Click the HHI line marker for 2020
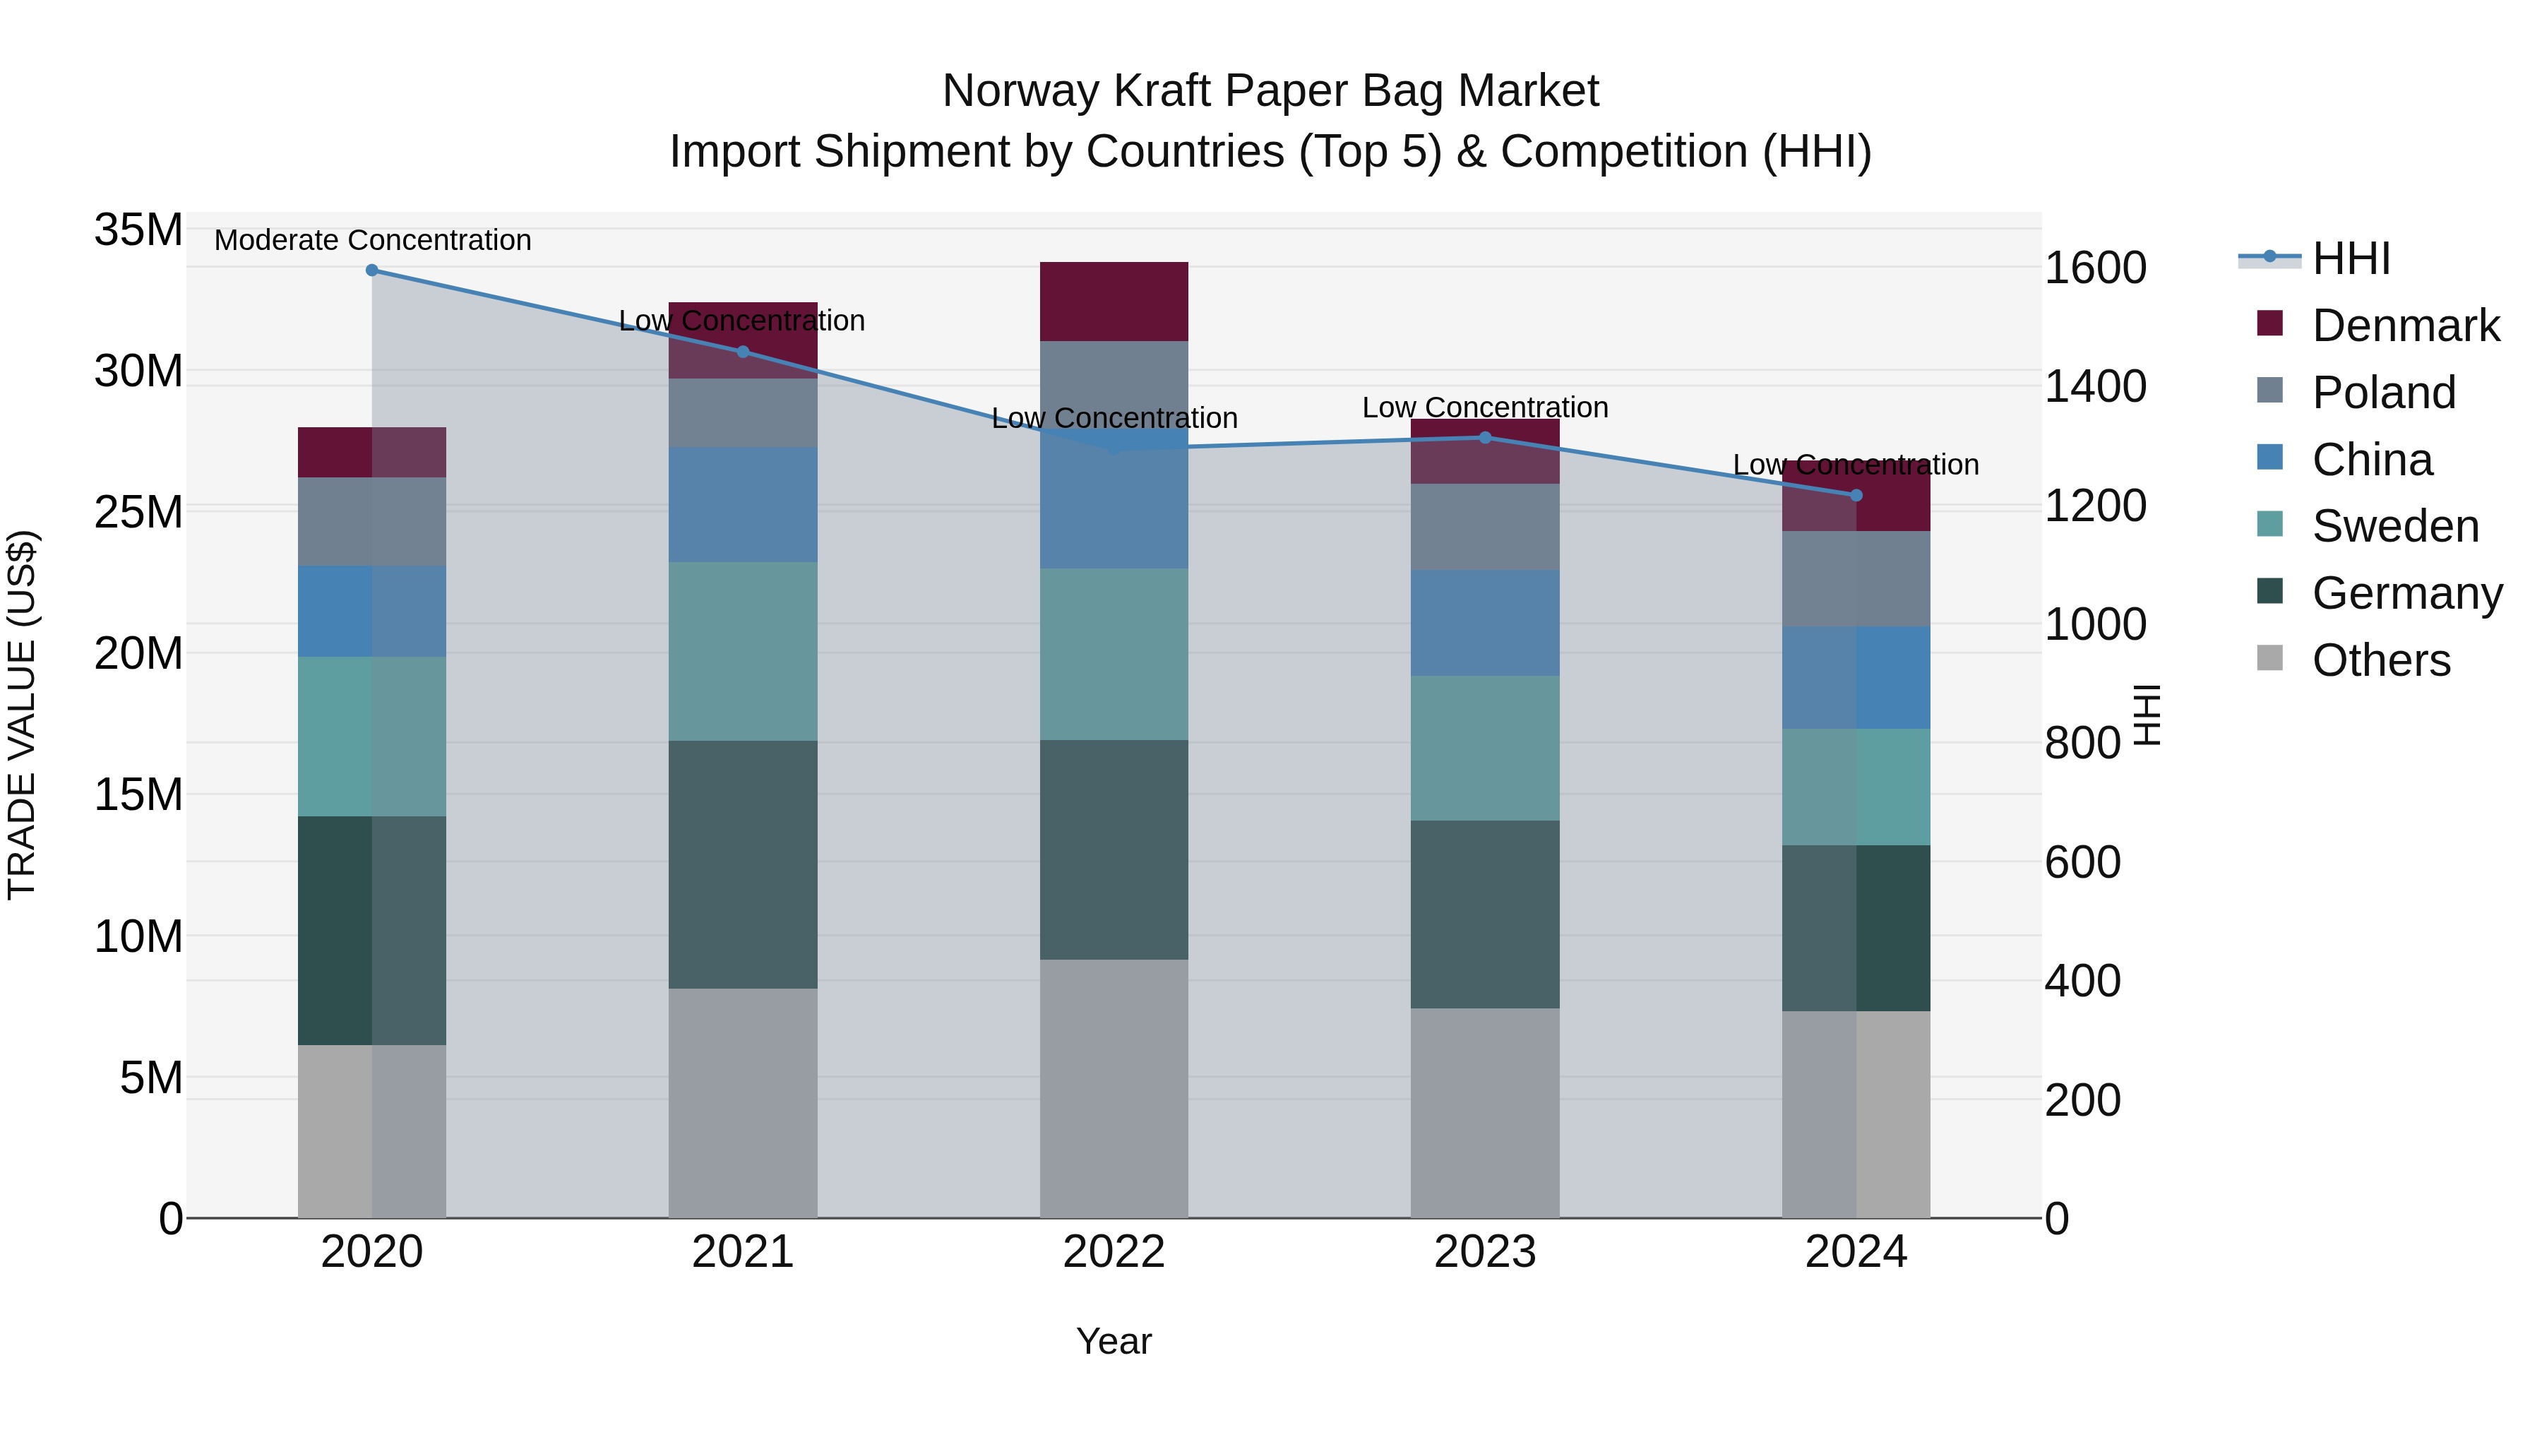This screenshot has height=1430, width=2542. tap(372, 270)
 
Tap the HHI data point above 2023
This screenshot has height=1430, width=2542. tap(1485, 438)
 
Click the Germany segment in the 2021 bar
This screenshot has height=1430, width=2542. tap(743, 864)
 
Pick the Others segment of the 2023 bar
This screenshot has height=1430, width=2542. tap(1485, 1113)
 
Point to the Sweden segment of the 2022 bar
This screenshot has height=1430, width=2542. tap(1114, 655)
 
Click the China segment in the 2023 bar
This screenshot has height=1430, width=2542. tap(1485, 623)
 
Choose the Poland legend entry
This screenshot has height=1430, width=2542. tap(2383, 393)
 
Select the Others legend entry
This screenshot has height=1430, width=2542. tap(2380, 660)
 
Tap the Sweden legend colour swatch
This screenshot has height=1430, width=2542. tap(2269, 524)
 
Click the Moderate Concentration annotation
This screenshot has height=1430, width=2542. tap(373, 241)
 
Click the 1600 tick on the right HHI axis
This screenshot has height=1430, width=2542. tap(2095, 268)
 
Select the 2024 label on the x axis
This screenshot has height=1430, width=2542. tap(1856, 1252)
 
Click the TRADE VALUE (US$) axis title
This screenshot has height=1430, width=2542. tap(22, 715)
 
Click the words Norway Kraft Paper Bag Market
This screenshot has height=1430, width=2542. tap(1270, 91)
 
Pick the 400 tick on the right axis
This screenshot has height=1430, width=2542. tap(2082, 981)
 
